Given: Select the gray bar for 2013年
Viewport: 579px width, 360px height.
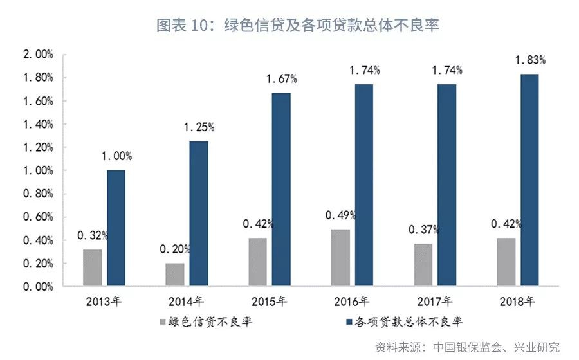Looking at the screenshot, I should tap(93, 267).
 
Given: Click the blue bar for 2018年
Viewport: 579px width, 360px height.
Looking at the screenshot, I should tap(529, 180).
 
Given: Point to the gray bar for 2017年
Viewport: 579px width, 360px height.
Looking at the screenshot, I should tap(423, 265).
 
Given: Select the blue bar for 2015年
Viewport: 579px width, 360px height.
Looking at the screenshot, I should tap(281, 190).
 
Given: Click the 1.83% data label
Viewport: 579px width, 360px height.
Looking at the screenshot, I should tap(531, 60).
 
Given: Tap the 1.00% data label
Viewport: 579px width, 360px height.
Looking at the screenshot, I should tap(116, 156).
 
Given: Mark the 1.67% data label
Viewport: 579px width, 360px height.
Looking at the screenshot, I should tap(282, 79).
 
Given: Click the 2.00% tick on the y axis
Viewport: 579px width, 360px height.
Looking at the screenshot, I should tap(38, 55).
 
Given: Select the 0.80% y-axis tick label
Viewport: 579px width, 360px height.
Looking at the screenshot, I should tap(38, 194).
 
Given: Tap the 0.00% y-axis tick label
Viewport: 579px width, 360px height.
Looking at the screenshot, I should tap(38, 287).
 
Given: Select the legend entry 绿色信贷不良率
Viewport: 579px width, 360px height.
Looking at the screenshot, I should tap(205, 321).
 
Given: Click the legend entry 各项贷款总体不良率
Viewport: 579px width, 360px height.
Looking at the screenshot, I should tap(409, 321).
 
